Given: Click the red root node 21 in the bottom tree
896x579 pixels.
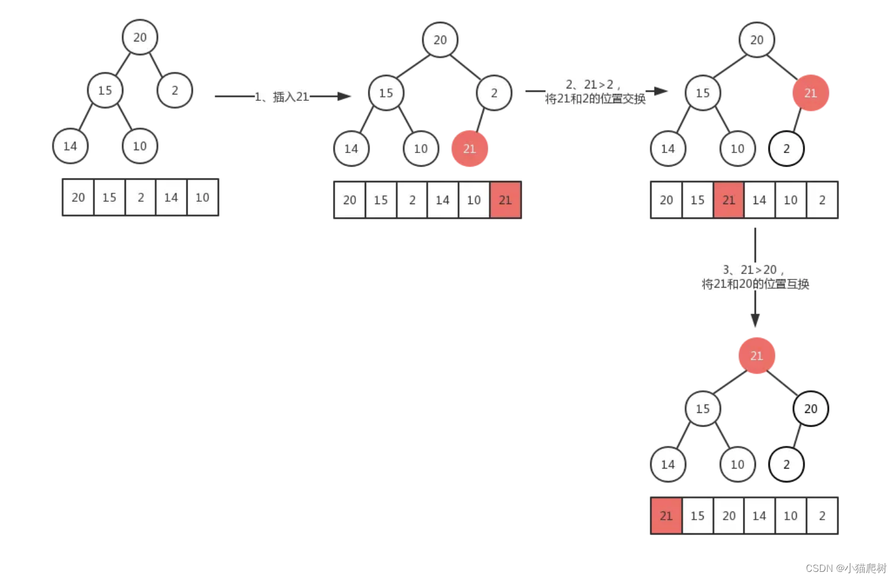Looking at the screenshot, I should pos(757,355).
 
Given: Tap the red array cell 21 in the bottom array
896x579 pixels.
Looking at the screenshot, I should pos(666,516).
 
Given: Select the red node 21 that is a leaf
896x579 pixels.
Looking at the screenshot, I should pos(469,148).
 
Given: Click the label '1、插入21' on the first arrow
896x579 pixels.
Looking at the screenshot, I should pos(282,97).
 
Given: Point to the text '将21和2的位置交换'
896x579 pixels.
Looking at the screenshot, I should pos(595,99).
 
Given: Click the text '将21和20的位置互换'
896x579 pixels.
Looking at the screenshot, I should pos(755,284).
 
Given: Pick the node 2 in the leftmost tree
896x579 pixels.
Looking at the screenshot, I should pos(174,90).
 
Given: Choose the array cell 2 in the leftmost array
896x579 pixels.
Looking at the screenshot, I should pos(141,198).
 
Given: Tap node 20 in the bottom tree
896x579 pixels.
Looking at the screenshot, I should pos(811,408).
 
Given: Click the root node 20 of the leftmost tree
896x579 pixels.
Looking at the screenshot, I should pos(140,37).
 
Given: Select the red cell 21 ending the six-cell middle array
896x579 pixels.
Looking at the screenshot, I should pos(506,200).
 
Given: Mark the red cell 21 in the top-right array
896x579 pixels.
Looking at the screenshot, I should pos(729,200).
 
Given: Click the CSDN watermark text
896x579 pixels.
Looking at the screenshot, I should pos(846,568).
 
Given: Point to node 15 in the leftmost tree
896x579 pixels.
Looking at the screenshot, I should pos(105,90).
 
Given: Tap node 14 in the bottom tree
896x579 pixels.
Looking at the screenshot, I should pos(668,465).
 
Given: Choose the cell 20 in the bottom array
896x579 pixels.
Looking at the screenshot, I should pos(729,516).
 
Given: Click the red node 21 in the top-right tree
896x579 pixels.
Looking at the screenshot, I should pos(811,93).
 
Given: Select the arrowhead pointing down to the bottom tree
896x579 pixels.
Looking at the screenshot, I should pos(755,320).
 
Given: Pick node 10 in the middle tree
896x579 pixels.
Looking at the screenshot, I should pos(421,148).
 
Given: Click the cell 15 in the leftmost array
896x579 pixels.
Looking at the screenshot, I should pos(109,198).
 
